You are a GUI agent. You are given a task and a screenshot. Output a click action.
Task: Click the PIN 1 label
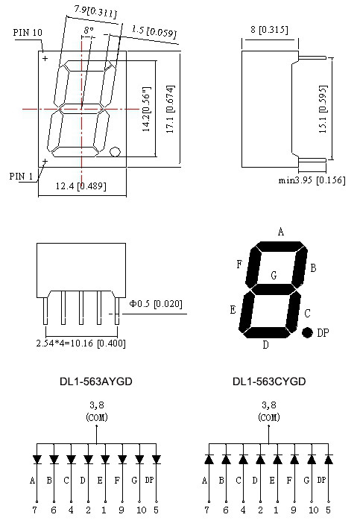pos(21,176)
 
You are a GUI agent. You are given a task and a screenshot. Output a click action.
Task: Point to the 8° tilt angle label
pos(89,30)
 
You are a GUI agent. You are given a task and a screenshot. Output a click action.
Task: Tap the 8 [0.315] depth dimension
pos(269,29)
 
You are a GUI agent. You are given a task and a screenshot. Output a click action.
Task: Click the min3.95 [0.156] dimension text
pos(312,180)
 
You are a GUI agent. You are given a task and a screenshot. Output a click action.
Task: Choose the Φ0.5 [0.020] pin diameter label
pos(156,303)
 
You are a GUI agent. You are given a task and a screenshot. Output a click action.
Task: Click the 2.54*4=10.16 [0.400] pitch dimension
pos(81,343)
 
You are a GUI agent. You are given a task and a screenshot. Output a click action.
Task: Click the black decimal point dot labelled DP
pos(307,333)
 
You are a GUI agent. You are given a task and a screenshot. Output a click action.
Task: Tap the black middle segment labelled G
pos(274,288)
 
